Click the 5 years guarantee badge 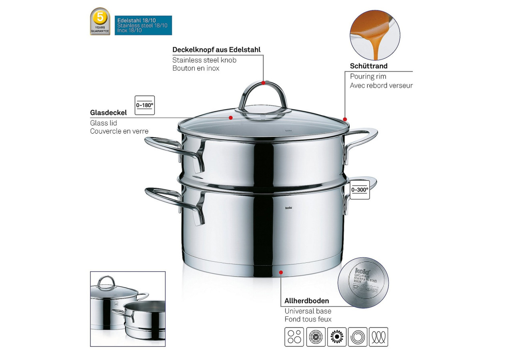click(100, 21)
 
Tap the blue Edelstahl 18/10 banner click(143, 25)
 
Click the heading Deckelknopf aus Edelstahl click(216, 50)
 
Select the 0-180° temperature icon click(145, 105)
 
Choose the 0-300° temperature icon click(360, 190)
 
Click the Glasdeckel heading click(108, 113)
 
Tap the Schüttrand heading click(368, 66)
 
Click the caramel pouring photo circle click(374, 35)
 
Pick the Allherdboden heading click(306, 301)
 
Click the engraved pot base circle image click(363, 282)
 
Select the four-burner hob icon click(294, 337)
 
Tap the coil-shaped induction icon click(378, 337)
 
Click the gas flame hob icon click(336, 337)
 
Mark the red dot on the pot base click(281, 272)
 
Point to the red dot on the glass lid click(231, 118)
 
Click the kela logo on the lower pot click(288, 208)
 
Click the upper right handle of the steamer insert click(362, 138)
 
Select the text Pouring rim click(368, 76)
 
